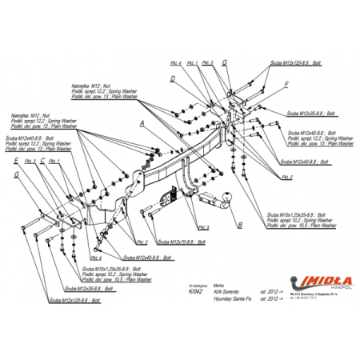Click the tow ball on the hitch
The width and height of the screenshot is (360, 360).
point(226,194)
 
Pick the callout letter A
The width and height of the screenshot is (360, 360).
point(142,123)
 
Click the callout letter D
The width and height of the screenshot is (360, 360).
point(172,78)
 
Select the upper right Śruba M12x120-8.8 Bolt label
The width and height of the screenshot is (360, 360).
point(293,61)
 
